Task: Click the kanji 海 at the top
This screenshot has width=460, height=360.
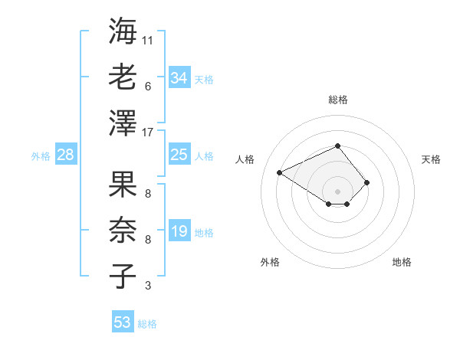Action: click(123, 32)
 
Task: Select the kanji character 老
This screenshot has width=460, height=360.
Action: click(123, 77)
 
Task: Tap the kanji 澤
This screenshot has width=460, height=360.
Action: click(123, 123)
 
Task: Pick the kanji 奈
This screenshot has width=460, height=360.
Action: click(123, 231)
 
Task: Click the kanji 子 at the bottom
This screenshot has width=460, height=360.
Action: click(123, 276)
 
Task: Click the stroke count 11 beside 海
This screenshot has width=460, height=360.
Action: click(148, 41)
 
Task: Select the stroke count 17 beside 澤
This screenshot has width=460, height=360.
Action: click(148, 132)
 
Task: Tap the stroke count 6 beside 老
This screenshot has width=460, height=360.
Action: click(148, 87)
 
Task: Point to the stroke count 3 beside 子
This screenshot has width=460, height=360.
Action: click(148, 286)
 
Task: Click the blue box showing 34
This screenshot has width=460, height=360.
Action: click(179, 78)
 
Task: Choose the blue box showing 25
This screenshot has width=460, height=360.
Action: click(179, 155)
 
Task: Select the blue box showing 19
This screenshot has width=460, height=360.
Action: click(179, 231)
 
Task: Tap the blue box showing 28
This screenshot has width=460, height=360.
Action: click(65, 155)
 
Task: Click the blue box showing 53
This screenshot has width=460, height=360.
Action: click(122, 322)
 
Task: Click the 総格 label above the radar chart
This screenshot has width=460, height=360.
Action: click(337, 100)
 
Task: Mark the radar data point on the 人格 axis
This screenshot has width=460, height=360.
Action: click(280, 172)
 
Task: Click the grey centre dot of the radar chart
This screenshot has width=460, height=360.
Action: click(337, 191)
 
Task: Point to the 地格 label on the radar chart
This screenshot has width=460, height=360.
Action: click(402, 262)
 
